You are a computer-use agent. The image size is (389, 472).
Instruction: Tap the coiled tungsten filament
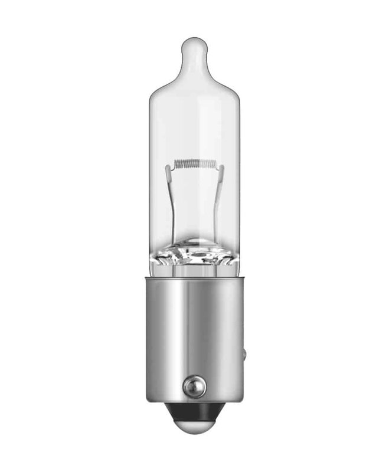(x=195, y=163)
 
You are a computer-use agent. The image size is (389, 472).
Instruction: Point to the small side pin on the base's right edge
(x=244, y=355)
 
